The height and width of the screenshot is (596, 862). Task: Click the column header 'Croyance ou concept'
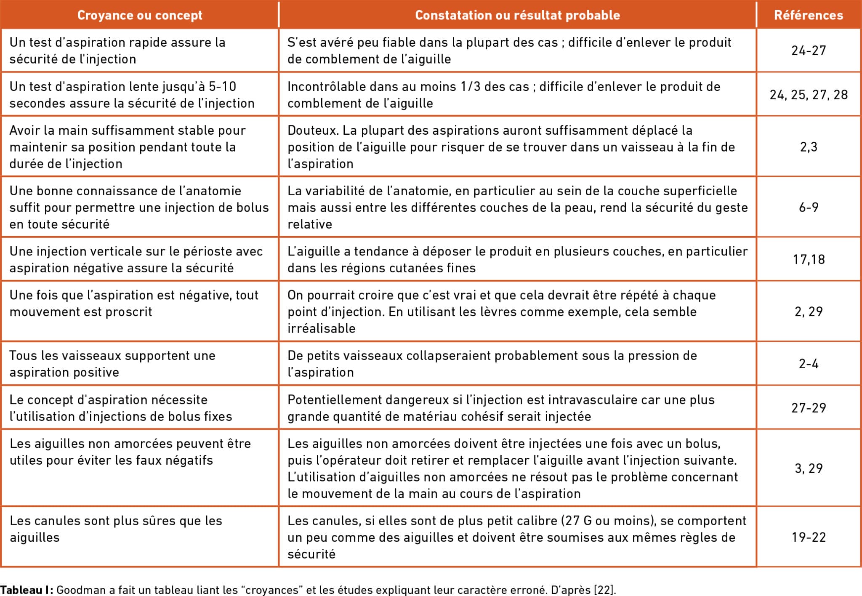pyautogui.click(x=140, y=15)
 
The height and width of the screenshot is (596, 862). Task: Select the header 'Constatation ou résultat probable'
pyautogui.click(x=517, y=15)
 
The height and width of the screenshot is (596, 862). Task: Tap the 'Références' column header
pyautogui.click(x=809, y=15)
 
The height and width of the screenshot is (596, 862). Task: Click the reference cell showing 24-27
pyautogui.click(x=809, y=51)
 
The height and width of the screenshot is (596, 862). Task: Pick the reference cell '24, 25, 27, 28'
pyautogui.click(x=809, y=95)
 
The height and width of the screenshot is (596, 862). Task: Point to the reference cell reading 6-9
pyautogui.click(x=809, y=207)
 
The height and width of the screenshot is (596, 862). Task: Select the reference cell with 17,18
pyautogui.click(x=809, y=259)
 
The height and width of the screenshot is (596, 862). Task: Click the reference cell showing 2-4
pyautogui.click(x=809, y=364)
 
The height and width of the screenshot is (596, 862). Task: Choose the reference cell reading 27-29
pyautogui.click(x=809, y=408)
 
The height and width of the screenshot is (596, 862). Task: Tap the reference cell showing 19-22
pyautogui.click(x=809, y=537)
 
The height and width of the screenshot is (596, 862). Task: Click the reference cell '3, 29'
pyautogui.click(x=809, y=468)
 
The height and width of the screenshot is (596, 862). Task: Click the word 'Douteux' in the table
pyautogui.click(x=312, y=130)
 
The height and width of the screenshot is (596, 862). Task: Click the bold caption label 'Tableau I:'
pyautogui.click(x=27, y=590)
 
